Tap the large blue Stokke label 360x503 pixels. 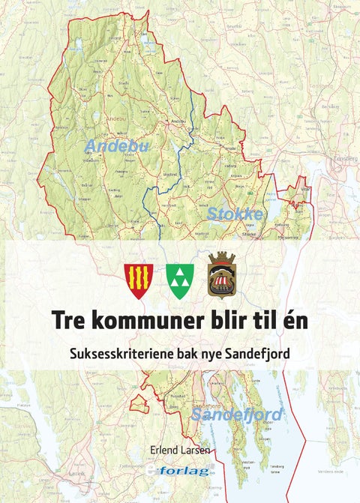235,214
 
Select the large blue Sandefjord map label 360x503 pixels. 236,415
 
